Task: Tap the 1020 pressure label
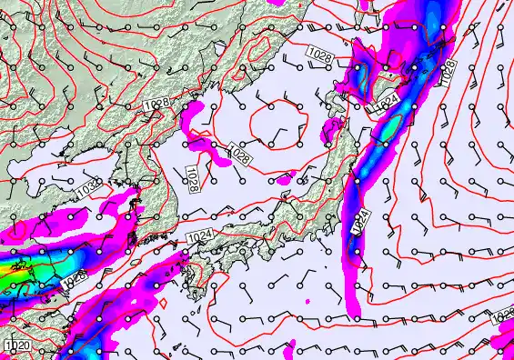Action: [x=15, y=346]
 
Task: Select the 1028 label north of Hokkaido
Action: [x=319, y=59]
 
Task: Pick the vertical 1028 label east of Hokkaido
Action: [x=447, y=71]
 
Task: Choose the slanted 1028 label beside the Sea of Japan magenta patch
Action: [x=240, y=155]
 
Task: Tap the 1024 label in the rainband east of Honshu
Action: [x=358, y=221]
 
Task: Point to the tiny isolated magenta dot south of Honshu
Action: [x=308, y=298]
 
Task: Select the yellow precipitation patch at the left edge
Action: [x=6, y=270]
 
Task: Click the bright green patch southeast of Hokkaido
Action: [x=388, y=131]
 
